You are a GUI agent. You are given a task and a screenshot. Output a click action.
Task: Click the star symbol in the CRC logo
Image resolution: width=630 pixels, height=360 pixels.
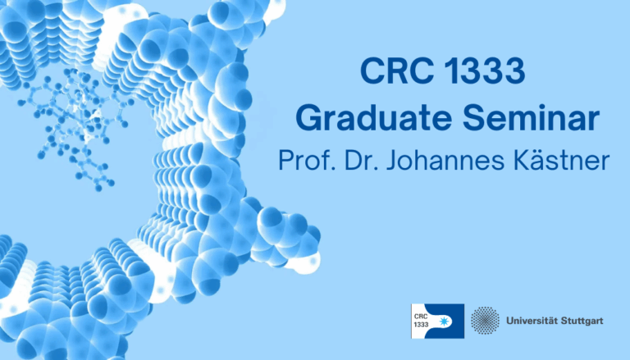click(x=450, y=320)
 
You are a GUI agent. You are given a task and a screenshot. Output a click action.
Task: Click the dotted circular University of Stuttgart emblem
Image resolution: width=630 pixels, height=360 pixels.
click(x=486, y=320)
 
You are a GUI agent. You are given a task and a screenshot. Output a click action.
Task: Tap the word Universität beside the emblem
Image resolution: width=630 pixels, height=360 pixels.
click(x=534, y=320)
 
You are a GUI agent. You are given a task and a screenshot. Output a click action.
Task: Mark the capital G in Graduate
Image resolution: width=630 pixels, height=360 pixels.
click(x=309, y=120)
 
